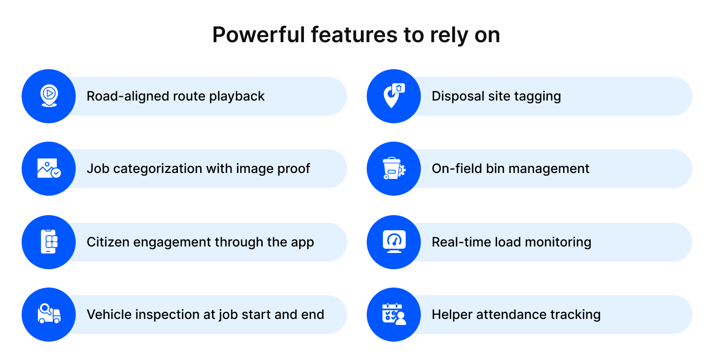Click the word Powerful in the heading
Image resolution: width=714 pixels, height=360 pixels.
pos(259,35)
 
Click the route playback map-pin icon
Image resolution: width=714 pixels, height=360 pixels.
pos(49,96)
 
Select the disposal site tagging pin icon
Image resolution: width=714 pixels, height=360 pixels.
pos(394,96)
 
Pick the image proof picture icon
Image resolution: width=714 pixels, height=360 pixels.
pos(49,168)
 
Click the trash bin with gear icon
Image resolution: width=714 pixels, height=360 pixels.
pos(394,168)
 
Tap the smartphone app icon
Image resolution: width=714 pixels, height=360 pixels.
pos(49,242)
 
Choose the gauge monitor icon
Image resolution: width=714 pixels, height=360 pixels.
pos(394,242)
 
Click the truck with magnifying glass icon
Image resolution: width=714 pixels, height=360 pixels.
pos(49,314)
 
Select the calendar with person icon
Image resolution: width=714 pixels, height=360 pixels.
pos(394,314)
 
